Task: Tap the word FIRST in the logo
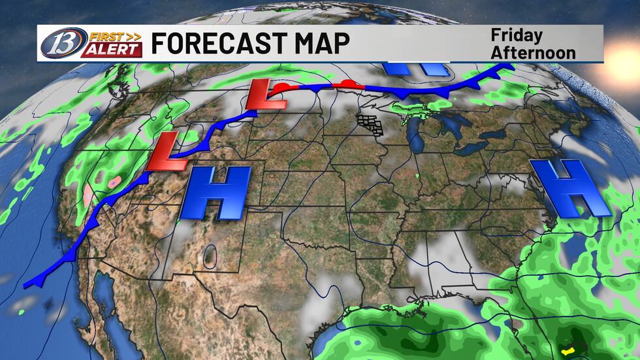pyautogui.click(x=97, y=35)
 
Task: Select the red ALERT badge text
pyautogui.click(x=110, y=50)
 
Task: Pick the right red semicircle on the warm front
pyautogui.click(x=350, y=84)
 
